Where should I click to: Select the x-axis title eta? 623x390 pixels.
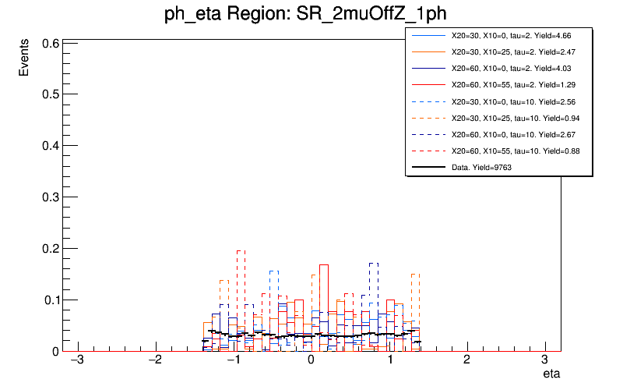pos(551,374)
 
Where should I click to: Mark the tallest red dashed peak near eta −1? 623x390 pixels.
pos(241,251)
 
